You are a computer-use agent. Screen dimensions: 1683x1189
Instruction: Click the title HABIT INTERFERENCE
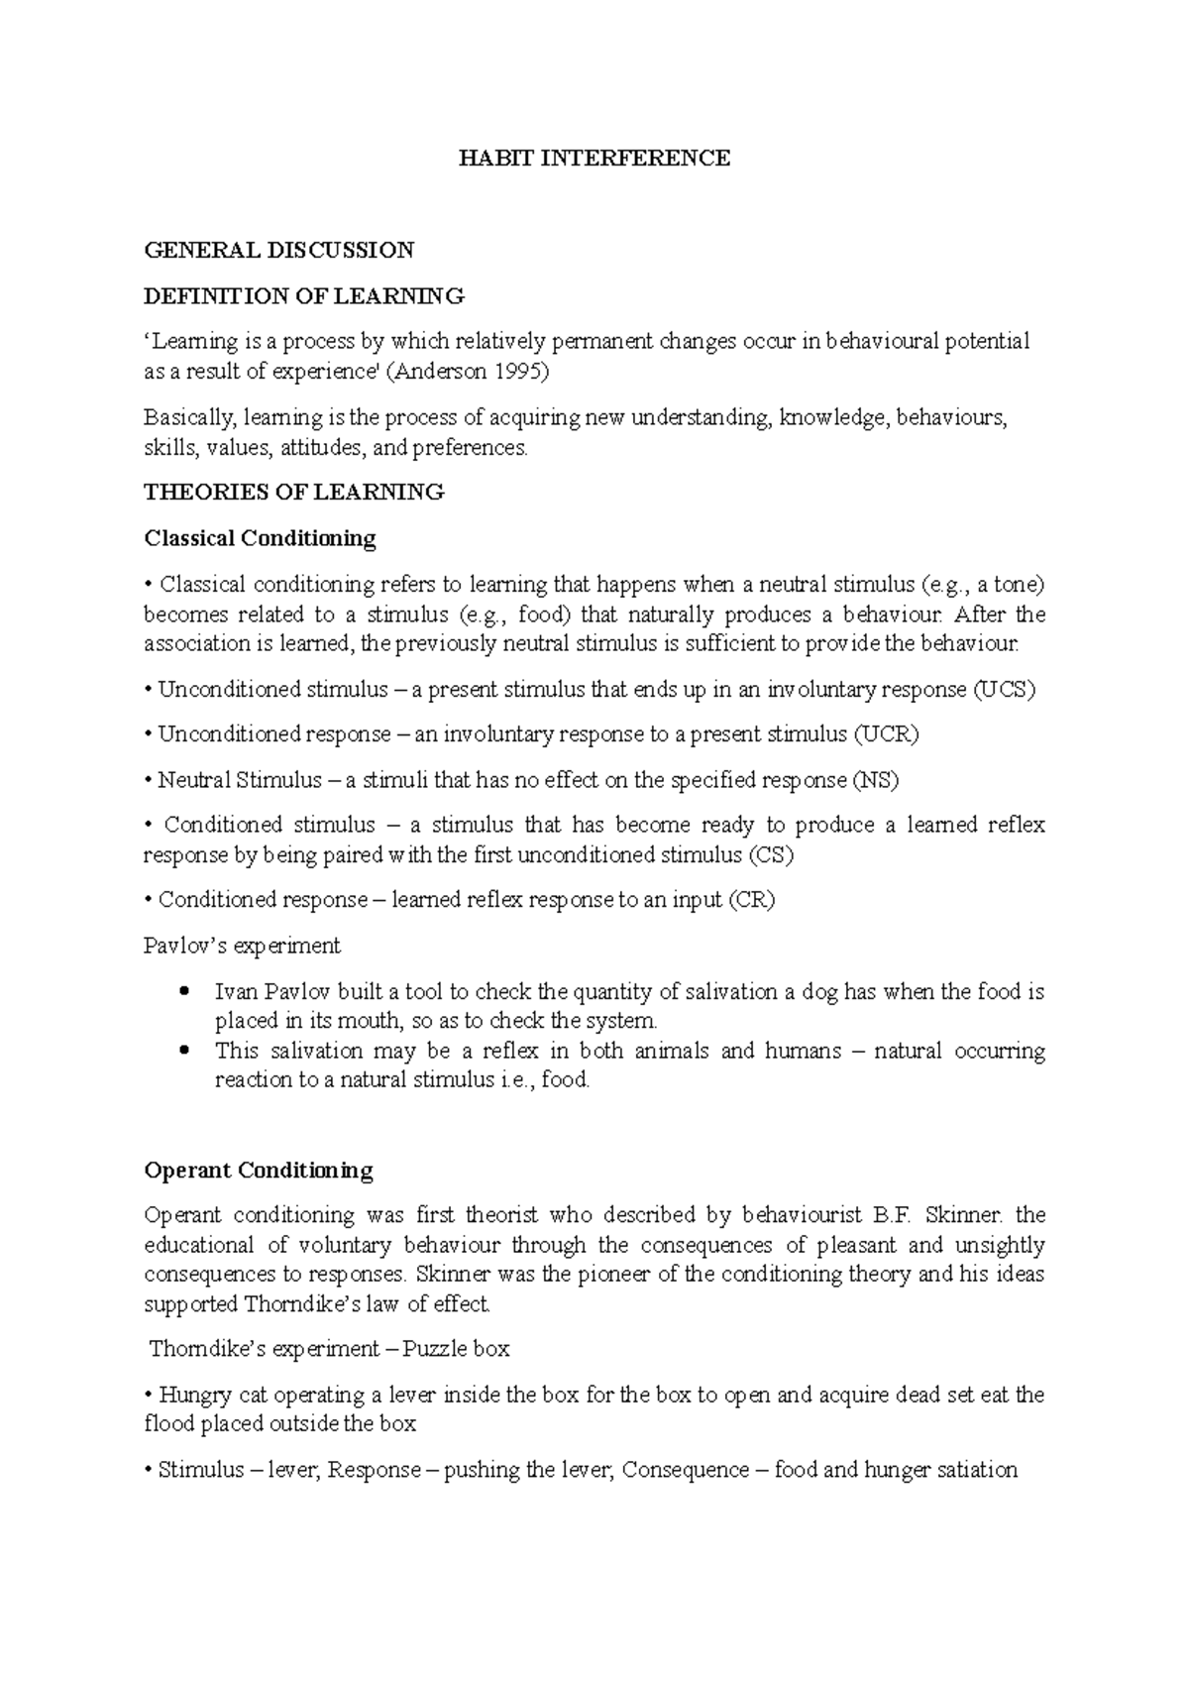click(x=594, y=159)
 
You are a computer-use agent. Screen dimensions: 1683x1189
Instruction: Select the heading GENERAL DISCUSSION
click(x=278, y=250)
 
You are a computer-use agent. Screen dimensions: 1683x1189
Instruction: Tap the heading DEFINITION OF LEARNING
click(x=303, y=295)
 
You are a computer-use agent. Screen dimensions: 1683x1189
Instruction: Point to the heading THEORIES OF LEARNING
click(x=294, y=492)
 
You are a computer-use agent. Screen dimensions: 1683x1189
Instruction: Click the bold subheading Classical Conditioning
click(x=260, y=538)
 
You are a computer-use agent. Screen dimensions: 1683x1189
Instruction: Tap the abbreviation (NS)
click(x=875, y=780)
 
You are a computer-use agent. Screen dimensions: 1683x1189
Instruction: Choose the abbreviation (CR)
click(x=751, y=900)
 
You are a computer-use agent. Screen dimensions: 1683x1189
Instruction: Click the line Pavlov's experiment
click(x=242, y=946)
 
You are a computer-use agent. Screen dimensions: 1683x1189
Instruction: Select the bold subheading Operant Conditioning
click(x=258, y=1171)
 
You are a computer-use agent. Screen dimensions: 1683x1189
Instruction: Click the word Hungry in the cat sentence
click(x=196, y=1396)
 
